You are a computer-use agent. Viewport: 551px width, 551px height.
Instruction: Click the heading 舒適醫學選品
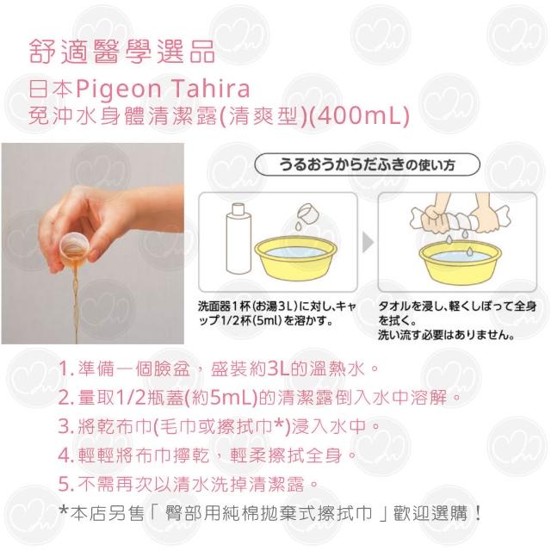(121, 52)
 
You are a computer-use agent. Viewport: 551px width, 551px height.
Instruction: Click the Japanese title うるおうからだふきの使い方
(367, 164)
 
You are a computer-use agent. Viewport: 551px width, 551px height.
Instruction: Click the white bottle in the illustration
(238, 239)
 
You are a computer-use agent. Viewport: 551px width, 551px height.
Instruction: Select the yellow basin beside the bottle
(295, 258)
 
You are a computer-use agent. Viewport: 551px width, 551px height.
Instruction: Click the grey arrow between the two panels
(368, 242)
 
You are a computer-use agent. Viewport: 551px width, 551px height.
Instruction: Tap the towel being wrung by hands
(459, 220)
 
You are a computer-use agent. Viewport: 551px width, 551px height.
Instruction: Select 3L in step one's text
(278, 368)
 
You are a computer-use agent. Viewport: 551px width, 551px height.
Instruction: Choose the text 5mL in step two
(231, 398)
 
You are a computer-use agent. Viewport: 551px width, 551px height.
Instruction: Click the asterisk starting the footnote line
(64, 511)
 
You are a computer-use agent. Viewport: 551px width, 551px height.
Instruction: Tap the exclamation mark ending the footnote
(477, 513)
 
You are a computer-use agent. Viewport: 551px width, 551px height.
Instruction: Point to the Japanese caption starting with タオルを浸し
(457, 320)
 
